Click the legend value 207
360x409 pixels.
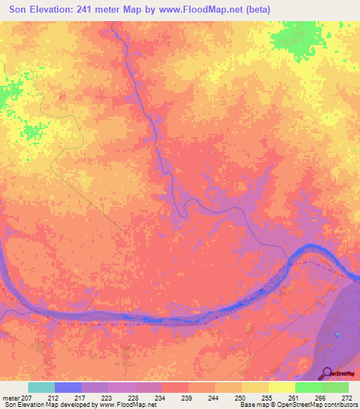(26, 397)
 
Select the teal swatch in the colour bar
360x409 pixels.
(41, 387)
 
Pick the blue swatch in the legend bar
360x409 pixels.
(68, 387)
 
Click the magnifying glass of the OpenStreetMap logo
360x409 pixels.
(326, 372)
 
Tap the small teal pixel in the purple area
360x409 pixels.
(337, 334)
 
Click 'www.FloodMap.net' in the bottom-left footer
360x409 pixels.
(127, 405)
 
